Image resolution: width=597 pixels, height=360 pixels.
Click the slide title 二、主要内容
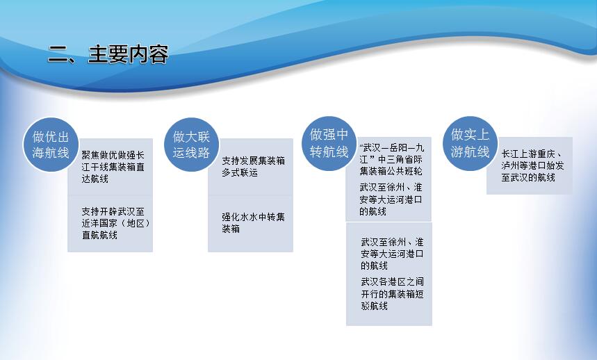(108, 54)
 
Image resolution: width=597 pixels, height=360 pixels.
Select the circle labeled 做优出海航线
(51, 145)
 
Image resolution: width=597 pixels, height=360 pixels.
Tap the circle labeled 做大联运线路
(192, 145)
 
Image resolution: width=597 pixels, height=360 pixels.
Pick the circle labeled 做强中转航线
(329, 143)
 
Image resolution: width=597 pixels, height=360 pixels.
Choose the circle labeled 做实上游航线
(470, 143)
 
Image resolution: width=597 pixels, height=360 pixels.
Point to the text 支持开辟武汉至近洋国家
(113, 218)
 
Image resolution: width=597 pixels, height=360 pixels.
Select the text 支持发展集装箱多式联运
(253, 167)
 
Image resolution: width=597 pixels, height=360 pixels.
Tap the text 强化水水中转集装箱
(253, 223)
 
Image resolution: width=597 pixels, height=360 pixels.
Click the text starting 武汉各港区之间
(392, 294)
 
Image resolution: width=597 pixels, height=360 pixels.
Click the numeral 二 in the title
(57, 54)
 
